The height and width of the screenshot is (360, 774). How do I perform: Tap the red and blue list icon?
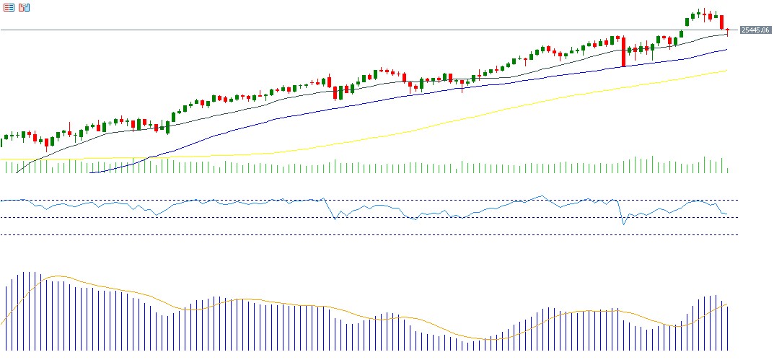(x=9, y=8)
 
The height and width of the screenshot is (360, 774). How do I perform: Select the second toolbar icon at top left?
(x=25, y=8)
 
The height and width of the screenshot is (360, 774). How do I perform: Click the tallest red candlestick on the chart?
(x=623, y=51)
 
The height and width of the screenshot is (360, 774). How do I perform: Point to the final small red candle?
(x=728, y=30)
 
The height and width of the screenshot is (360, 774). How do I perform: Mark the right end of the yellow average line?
(x=727, y=71)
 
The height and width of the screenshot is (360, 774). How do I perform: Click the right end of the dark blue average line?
(x=727, y=49)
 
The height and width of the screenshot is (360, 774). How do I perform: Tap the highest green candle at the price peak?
(x=698, y=12)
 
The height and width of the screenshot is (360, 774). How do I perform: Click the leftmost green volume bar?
(x=6, y=167)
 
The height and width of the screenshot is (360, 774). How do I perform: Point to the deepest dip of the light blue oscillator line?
(x=624, y=224)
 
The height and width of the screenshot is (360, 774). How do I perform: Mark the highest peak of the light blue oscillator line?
(x=542, y=195)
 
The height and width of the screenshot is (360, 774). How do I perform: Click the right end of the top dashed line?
(x=738, y=200)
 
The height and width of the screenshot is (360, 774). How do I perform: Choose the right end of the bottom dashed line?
(x=738, y=234)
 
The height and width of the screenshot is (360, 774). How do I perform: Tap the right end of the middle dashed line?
(x=738, y=217)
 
